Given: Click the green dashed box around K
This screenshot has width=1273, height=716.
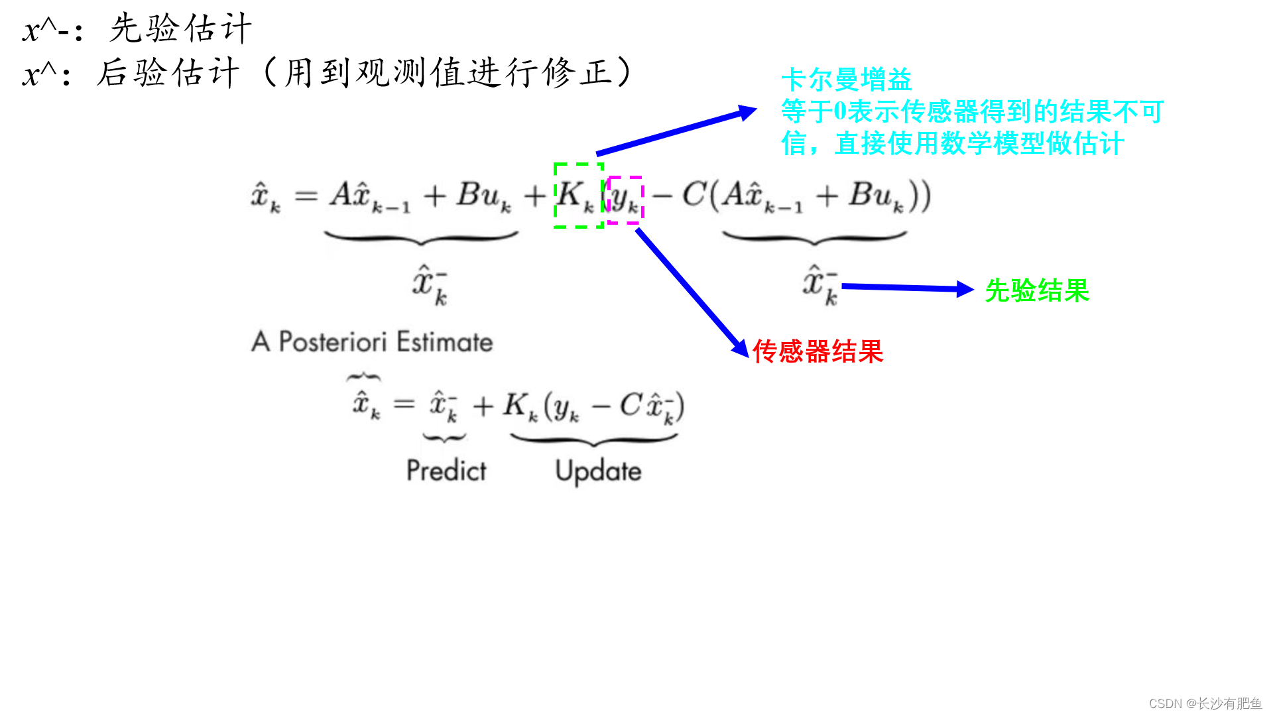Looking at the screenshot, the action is [x=578, y=196].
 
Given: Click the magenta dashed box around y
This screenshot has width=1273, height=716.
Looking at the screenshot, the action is [x=625, y=200].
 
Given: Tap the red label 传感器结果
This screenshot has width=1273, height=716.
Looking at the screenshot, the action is [x=818, y=351].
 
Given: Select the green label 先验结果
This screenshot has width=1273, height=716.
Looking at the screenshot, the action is [x=1037, y=290].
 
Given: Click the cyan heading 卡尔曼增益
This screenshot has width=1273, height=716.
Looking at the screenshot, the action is [x=847, y=80].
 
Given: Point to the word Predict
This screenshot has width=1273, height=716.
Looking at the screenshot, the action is [x=446, y=471].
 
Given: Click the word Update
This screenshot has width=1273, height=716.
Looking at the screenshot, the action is [x=598, y=471].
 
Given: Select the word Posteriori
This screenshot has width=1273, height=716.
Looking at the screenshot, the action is [x=332, y=342].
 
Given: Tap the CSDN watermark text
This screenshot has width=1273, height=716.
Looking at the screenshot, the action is [x=1205, y=703].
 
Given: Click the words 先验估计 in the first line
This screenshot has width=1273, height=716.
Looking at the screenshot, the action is [x=181, y=29].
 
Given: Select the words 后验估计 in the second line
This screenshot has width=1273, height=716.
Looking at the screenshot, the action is [x=168, y=72].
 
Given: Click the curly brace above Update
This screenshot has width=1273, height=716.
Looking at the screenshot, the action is [x=594, y=440].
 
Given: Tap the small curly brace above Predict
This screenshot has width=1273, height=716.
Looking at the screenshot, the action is [x=444, y=438].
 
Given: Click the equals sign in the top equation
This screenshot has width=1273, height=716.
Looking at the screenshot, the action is [x=306, y=196].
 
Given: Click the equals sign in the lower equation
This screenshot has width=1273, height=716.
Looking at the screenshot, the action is [x=404, y=404].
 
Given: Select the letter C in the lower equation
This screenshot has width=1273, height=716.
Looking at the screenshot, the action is [x=631, y=404].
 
